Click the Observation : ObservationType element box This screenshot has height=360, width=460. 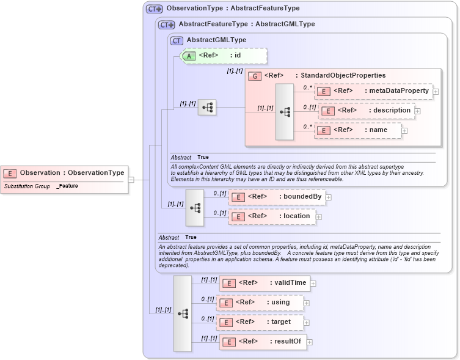[x=65, y=173]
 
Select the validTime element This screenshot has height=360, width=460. [x=265, y=282]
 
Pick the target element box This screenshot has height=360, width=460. [x=260, y=321]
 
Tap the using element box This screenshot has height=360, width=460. [x=260, y=303]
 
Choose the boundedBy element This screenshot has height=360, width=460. [x=277, y=197]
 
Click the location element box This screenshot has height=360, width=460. [x=272, y=216]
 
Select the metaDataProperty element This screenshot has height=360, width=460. [x=373, y=91]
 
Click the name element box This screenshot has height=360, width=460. [x=358, y=130]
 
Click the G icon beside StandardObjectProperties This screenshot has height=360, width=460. [x=254, y=75]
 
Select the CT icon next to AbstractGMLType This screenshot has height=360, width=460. [x=177, y=40]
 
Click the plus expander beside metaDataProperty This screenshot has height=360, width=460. [x=436, y=92]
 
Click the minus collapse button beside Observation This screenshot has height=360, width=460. [x=131, y=180]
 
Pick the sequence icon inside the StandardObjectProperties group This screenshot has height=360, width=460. [x=285, y=112]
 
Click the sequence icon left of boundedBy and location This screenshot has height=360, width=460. [x=195, y=207]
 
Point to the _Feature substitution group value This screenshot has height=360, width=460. [x=67, y=186]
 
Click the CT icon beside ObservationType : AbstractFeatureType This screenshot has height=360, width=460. [x=154, y=9]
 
